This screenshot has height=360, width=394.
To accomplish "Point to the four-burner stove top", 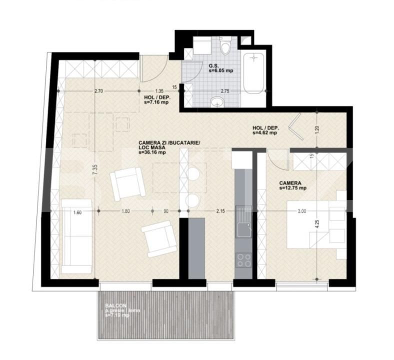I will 243,260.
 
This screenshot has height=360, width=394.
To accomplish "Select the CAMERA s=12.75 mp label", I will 292,185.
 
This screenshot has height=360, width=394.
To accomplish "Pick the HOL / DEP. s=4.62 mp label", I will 266,131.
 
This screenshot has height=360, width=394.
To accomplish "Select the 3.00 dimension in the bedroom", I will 301,211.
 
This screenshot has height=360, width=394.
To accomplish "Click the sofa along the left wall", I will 76,236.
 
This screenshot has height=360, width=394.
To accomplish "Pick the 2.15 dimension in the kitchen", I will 220,211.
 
